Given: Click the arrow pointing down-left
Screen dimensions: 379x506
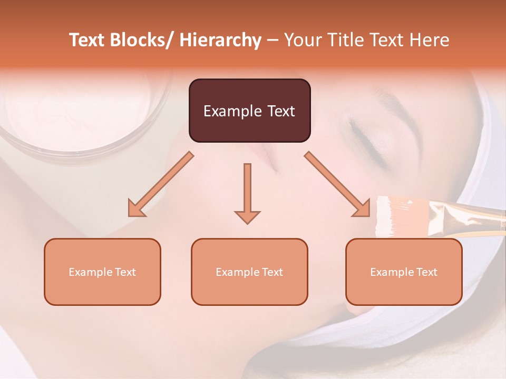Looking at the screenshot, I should [x=160, y=184].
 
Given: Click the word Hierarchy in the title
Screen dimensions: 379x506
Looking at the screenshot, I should [x=220, y=41].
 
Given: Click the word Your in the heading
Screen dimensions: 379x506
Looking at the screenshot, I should [x=301, y=41].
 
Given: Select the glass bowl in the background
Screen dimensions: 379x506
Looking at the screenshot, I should [x=84, y=116].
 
